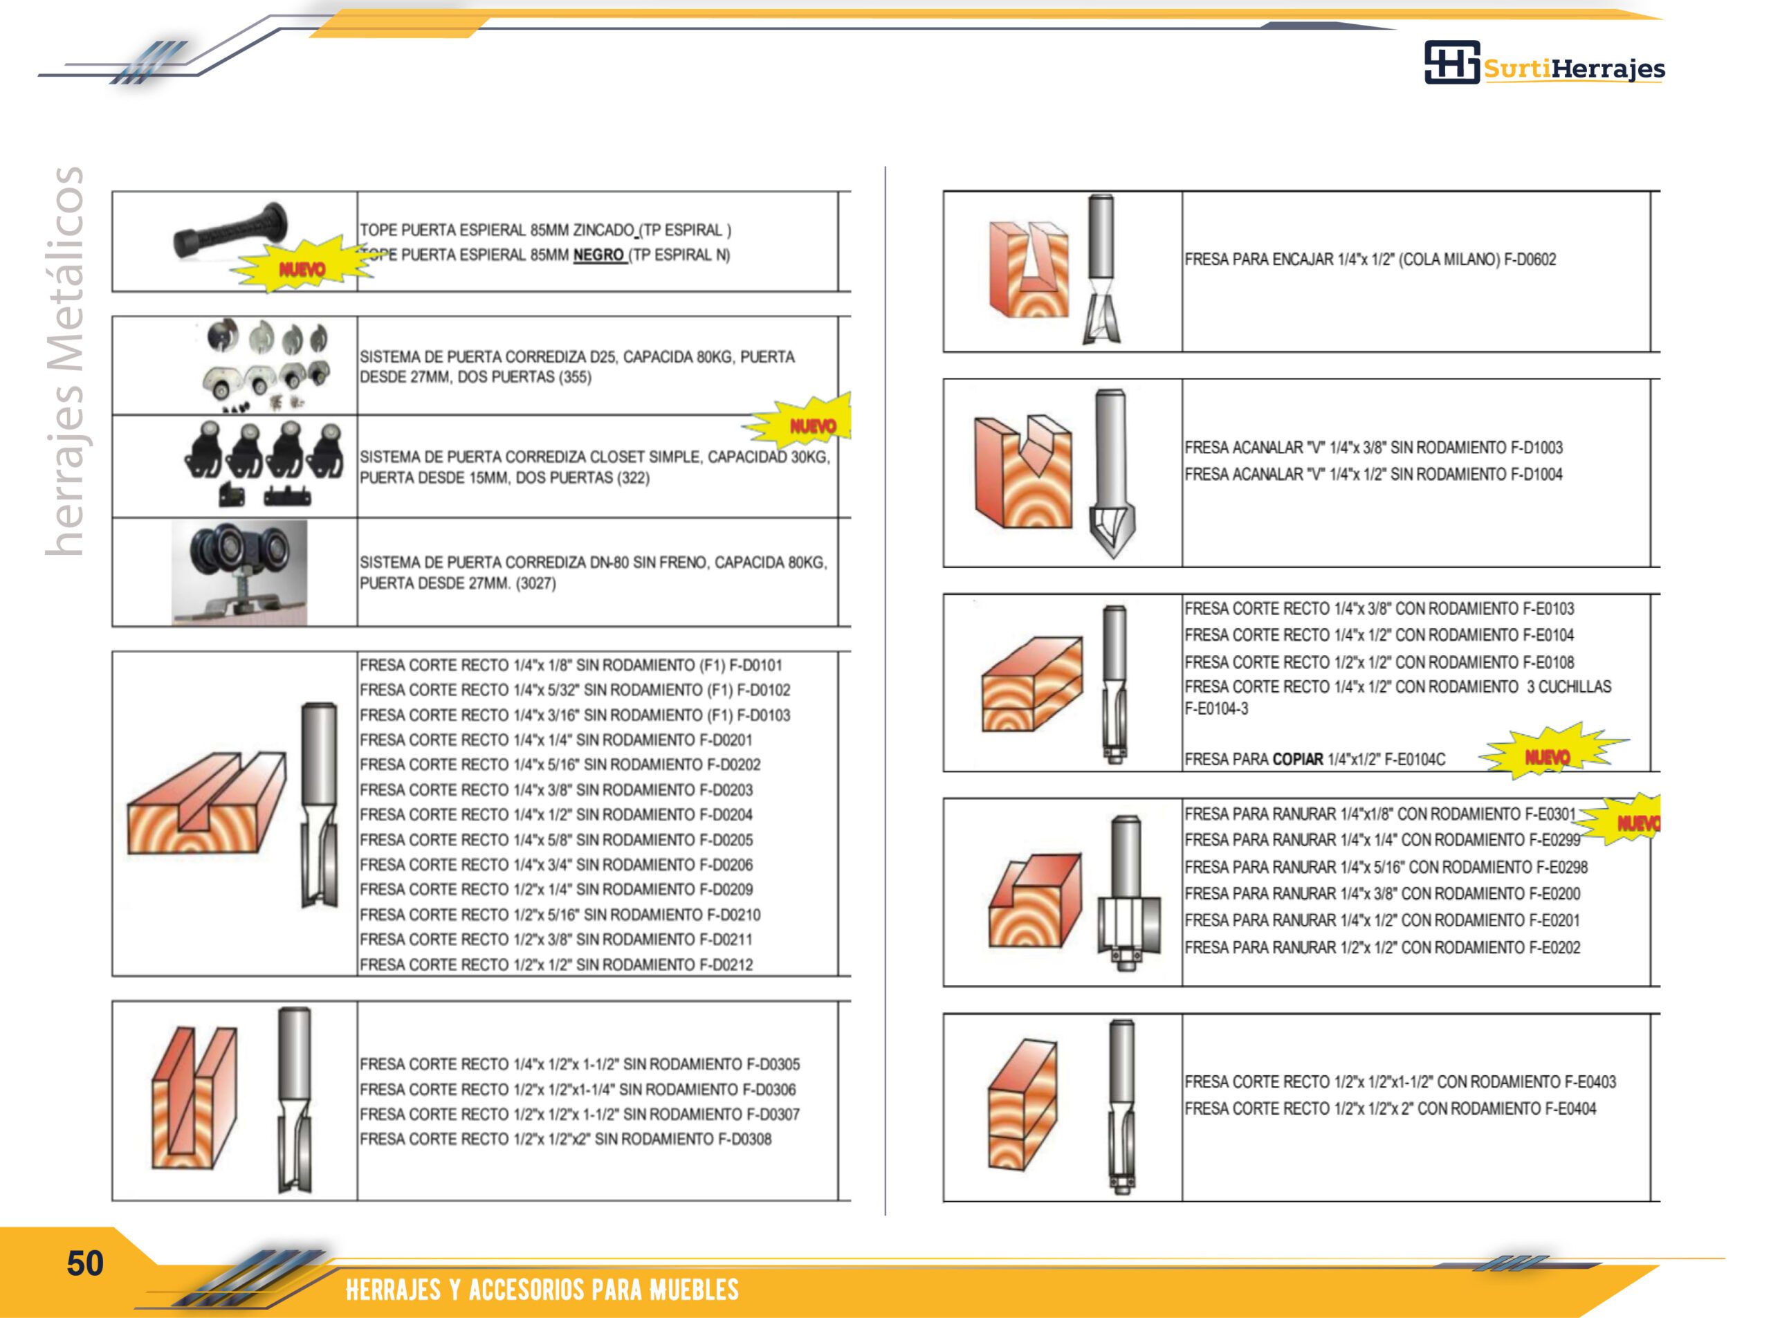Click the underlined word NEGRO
pos(598,255)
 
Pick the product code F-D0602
pos(1530,259)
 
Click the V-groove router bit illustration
pos(1112,474)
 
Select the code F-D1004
pos(1536,475)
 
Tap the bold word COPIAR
pos(1298,760)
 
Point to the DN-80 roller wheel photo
pos(239,572)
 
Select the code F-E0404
pos(1569,1108)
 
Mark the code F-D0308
pos(745,1139)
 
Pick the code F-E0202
pos(1554,948)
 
